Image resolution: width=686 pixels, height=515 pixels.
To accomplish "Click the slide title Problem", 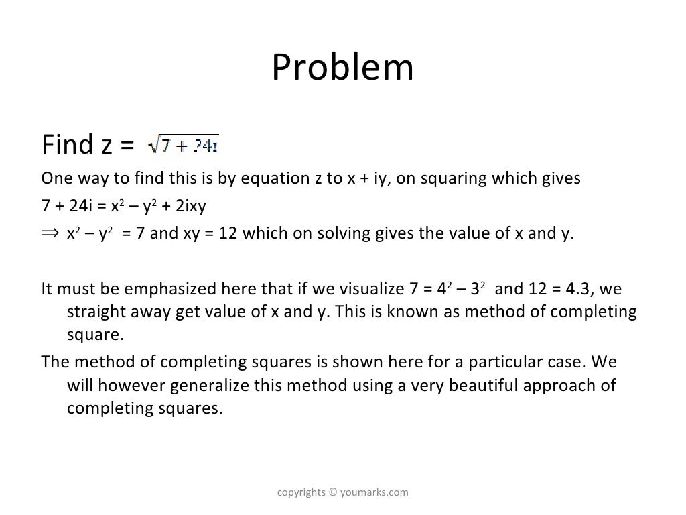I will click(x=342, y=68).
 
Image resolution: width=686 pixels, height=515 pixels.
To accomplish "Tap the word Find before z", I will click(x=66, y=144).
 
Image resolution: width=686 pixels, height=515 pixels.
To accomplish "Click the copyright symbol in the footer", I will click(x=334, y=493).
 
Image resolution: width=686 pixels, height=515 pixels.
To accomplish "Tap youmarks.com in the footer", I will click(x=374, y=493).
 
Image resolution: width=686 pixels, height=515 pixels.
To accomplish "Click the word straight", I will click(x=94, y=312).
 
